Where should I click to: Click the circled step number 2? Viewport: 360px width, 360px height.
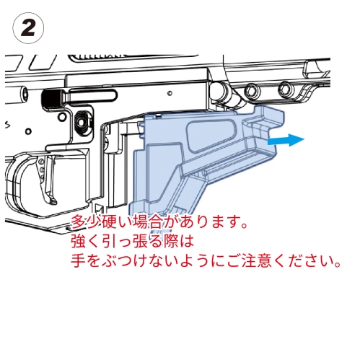click(28, 28)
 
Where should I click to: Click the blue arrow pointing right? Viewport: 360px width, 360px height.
click(286, 140)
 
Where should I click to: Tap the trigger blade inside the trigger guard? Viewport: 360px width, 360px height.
click(48, 180)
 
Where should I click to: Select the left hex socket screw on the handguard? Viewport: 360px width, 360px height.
click(252, 91)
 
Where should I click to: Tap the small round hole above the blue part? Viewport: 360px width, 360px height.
click(170, 93)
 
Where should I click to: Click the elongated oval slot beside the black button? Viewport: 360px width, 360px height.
click(90, 97)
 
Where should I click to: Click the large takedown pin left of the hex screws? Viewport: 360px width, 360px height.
click(218, 91)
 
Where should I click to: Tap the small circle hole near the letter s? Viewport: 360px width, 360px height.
click(29, 131)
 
